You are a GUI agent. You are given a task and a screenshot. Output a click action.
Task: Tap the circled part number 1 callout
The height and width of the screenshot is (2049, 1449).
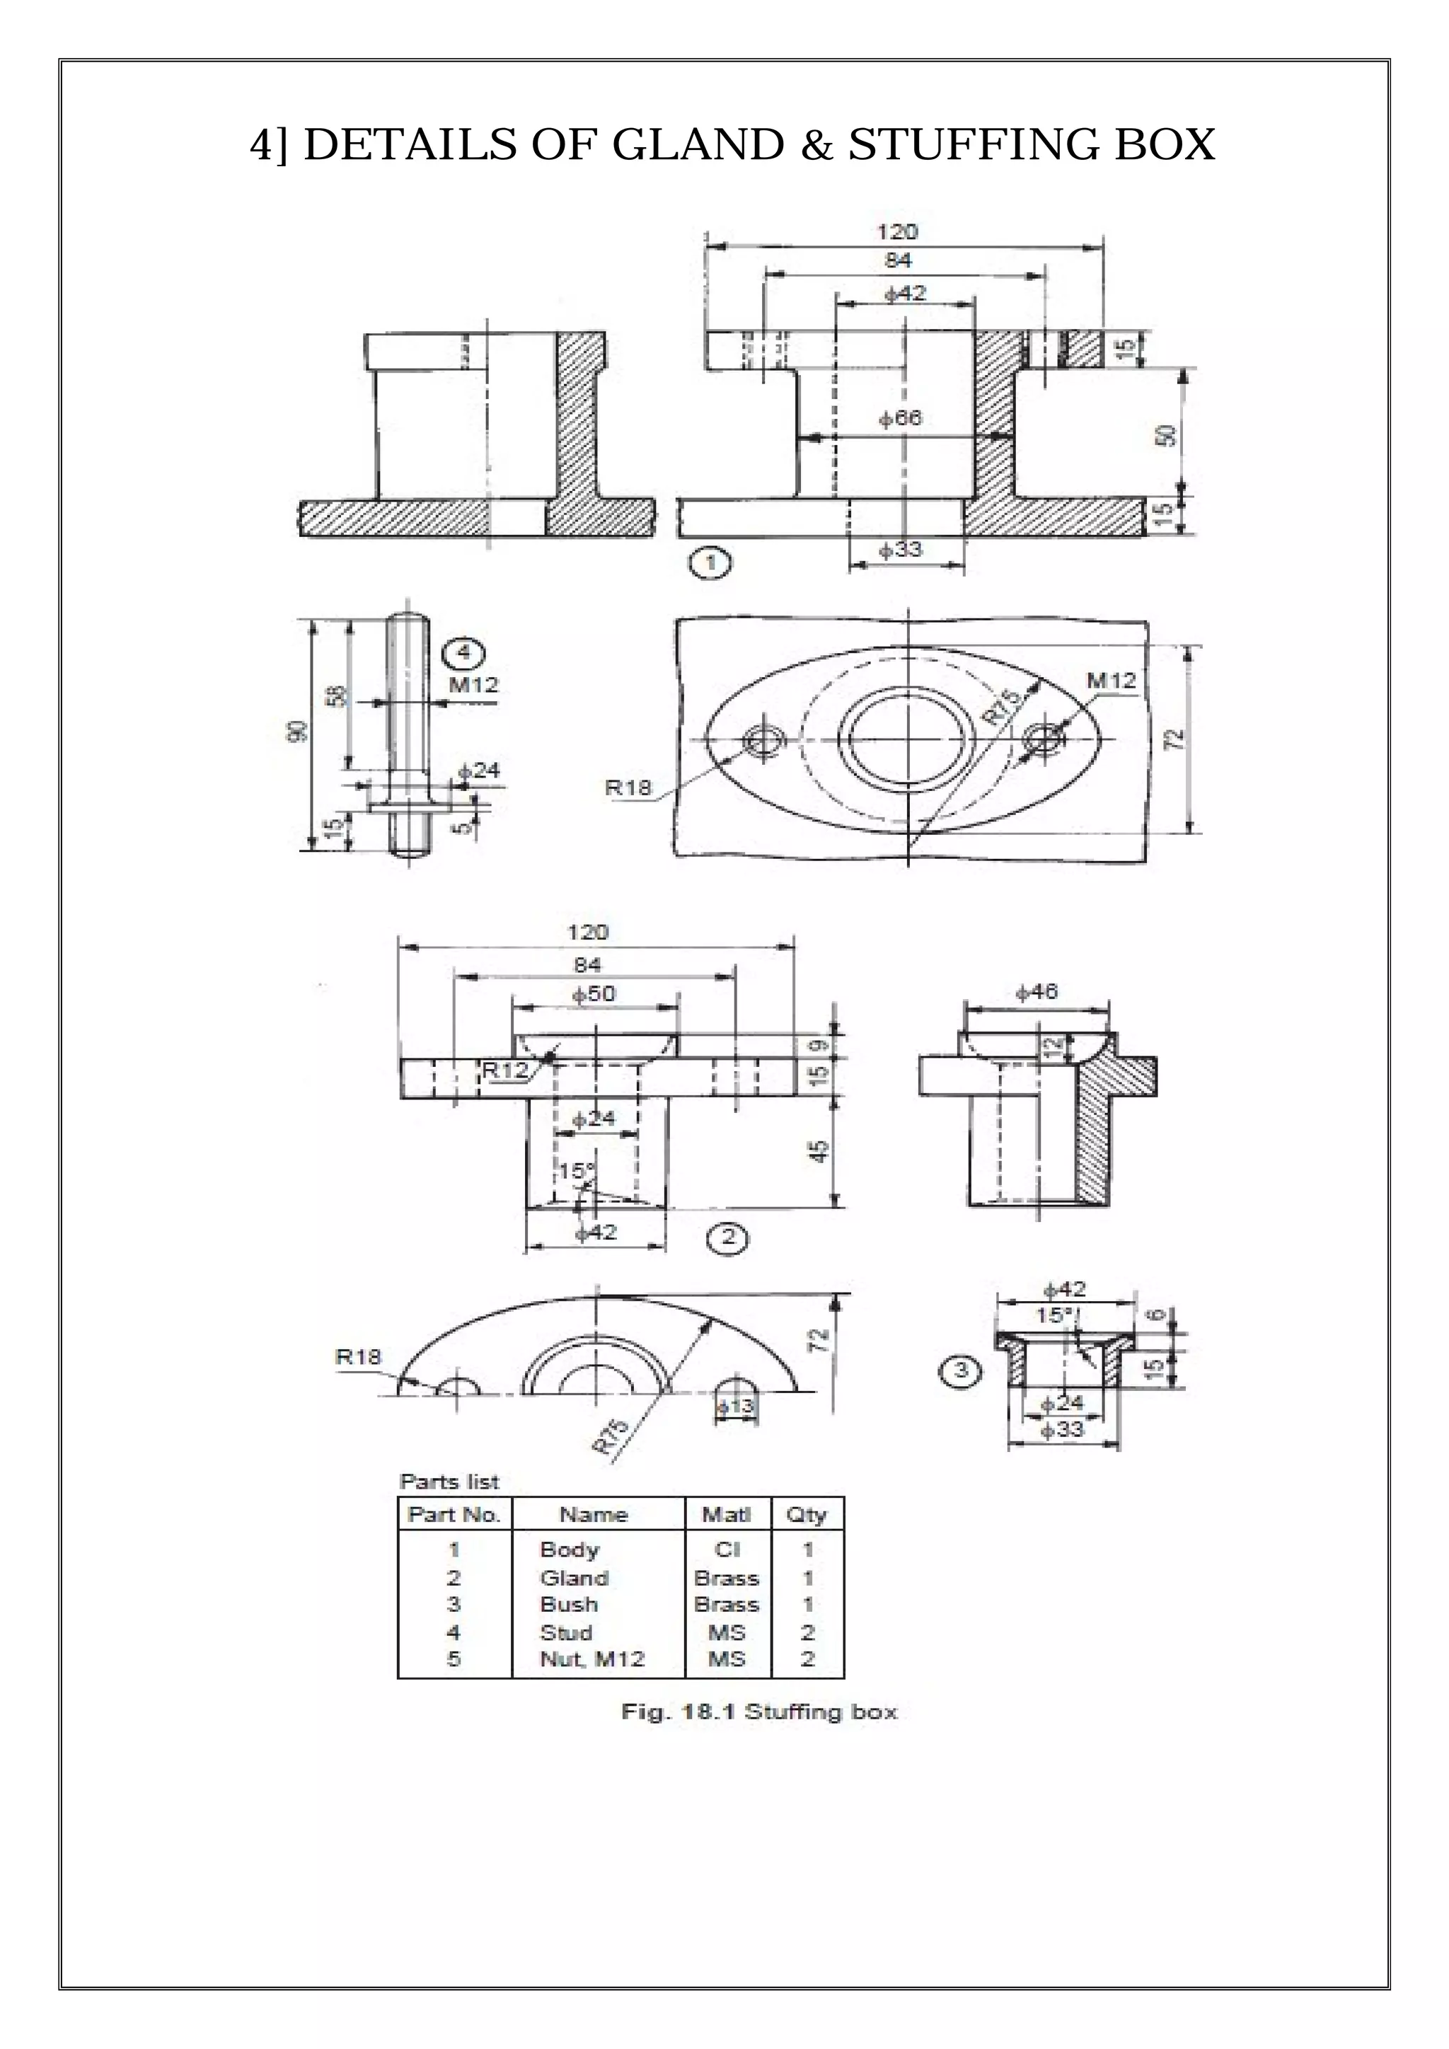tap(710, 563)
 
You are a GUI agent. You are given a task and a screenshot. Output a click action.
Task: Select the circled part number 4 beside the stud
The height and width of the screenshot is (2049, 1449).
tap(463, 653)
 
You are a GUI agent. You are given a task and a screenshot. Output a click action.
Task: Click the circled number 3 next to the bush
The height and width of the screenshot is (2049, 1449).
tap(960, 1370)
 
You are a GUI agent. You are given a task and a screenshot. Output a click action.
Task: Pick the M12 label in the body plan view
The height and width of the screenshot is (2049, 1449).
tap(1111, 681)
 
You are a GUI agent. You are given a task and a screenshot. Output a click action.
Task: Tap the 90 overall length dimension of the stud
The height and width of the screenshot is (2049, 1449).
tap(298, 730)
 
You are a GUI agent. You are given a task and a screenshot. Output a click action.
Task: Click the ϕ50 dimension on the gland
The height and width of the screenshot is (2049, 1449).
tap(594, 994)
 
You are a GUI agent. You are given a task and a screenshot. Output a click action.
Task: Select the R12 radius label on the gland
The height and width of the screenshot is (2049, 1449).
tap(505, 1070)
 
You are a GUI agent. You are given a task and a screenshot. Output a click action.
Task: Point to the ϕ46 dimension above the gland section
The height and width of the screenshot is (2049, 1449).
tap(1037, 991)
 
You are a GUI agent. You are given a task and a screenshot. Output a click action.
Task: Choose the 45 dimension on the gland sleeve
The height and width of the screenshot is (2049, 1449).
tap(820, 1150)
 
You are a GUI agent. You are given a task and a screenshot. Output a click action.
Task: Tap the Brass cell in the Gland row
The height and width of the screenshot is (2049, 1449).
tap(727, 1578)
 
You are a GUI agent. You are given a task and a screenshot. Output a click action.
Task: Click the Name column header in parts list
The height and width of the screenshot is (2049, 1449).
tap(594, 1514)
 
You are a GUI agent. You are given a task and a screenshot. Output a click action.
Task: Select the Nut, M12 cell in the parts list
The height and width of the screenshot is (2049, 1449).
tap(591, 1659)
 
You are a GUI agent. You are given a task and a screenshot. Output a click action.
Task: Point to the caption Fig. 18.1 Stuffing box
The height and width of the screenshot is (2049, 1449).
tap(758, 1712)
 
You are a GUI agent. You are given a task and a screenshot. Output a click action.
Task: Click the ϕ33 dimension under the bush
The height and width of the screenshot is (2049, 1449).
tap(1063, 1428)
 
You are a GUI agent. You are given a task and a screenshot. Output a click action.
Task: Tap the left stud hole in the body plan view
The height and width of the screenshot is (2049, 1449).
tap(763, 741)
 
